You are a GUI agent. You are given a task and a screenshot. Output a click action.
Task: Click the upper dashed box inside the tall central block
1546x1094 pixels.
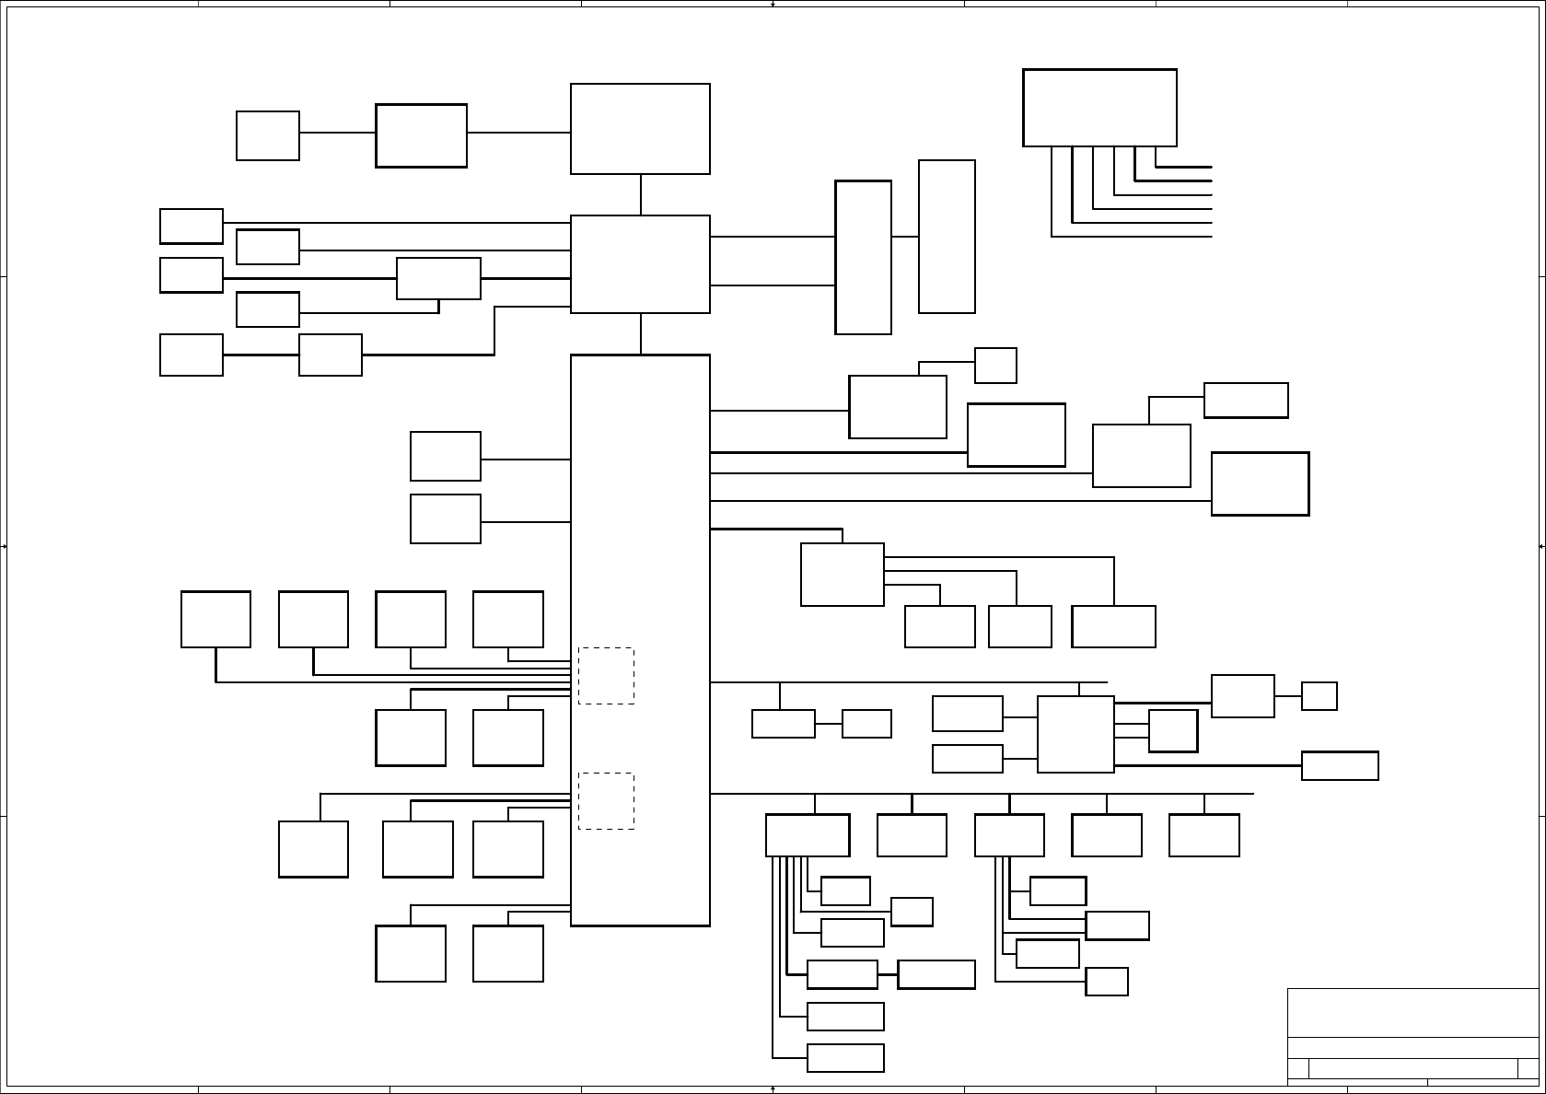(606, 676)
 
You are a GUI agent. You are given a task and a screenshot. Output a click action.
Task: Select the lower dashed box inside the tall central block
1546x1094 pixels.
(606, 800)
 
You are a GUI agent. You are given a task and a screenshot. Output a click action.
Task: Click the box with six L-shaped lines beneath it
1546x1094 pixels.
(1099, 107)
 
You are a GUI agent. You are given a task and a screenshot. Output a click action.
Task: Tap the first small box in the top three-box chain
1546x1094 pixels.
(268, 135)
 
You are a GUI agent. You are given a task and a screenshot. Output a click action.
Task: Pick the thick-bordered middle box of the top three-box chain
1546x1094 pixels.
(421, 135)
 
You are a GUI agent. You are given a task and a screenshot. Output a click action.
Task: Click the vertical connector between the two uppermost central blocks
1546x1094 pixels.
(641, 194)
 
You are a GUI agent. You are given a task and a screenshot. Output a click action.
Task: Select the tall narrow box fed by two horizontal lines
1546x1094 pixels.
(863, 257)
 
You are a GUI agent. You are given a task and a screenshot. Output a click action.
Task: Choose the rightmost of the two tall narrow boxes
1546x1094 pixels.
(947, 237)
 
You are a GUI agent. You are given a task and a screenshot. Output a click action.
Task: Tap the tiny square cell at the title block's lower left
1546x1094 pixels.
(1297, 1068)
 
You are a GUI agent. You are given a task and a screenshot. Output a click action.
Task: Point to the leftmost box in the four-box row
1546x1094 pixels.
(215, 619)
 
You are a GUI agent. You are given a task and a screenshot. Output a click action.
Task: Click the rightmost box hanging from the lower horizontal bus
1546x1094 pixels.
(1203, 834)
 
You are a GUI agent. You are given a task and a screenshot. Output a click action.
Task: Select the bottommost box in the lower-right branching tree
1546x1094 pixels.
(845, 1057)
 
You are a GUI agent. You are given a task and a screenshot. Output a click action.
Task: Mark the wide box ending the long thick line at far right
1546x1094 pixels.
(1340, 765)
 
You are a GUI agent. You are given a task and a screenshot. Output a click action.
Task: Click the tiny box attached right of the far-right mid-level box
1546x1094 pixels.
(1319, 695)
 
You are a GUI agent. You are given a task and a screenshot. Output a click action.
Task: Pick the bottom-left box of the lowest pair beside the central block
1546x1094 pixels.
(411, 953)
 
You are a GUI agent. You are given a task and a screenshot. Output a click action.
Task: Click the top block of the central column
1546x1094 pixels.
(640, 129)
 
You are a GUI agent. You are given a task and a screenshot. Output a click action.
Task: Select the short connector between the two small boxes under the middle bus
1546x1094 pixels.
(829, 724)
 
